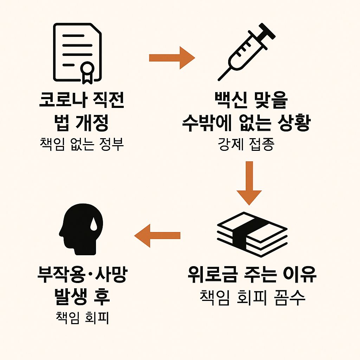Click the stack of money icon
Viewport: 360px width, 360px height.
coord(252,235)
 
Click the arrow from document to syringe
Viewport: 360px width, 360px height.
coord(172,58)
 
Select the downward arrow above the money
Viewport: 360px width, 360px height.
coord(249,183)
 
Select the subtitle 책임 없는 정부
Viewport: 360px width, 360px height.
coord(81,144)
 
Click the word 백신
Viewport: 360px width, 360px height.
coord(229,101)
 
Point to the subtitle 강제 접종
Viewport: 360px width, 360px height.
coord(246,144)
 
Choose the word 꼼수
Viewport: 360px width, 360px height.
coord(287,297)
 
